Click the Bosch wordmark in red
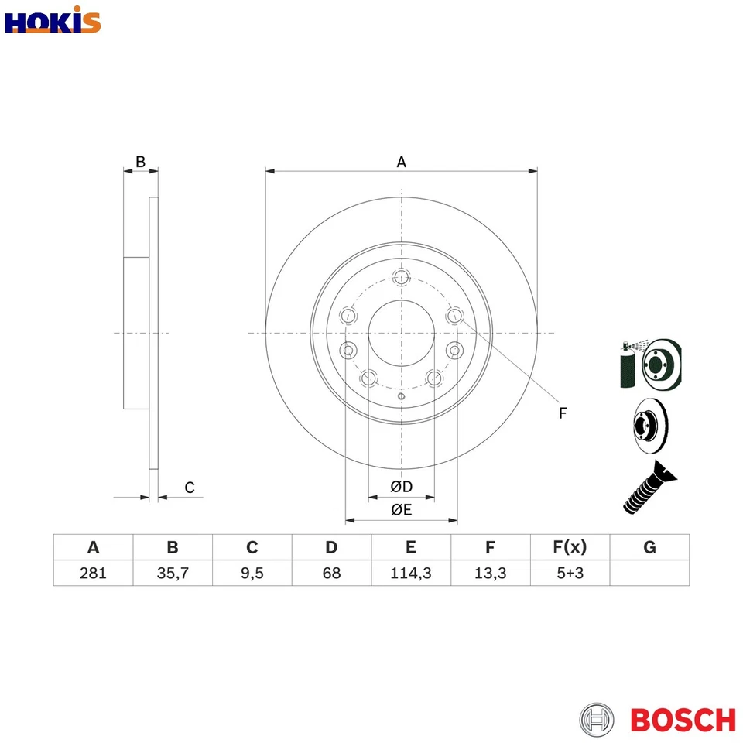[x=683, y=719]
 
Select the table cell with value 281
[x=94, y=574]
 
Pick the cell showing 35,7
[x=173, y=574]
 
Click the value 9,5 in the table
[x=252, y=574]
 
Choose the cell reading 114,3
[x=411, y=574]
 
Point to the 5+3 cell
[x=570, y=574]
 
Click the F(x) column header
[x=570, y=548]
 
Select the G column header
[x=649, y=548]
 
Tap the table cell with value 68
[x=331, y=574]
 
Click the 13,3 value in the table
[x=490, y=574]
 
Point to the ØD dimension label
[x=401, y=487]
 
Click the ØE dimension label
[x=401, y=509]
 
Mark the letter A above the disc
[x=401, y=162]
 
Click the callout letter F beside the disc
[x=563, y=413]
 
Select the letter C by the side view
[x=190, y=488]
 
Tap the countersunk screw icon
[x=646, y=487]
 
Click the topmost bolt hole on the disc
[x=401, y=278]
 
